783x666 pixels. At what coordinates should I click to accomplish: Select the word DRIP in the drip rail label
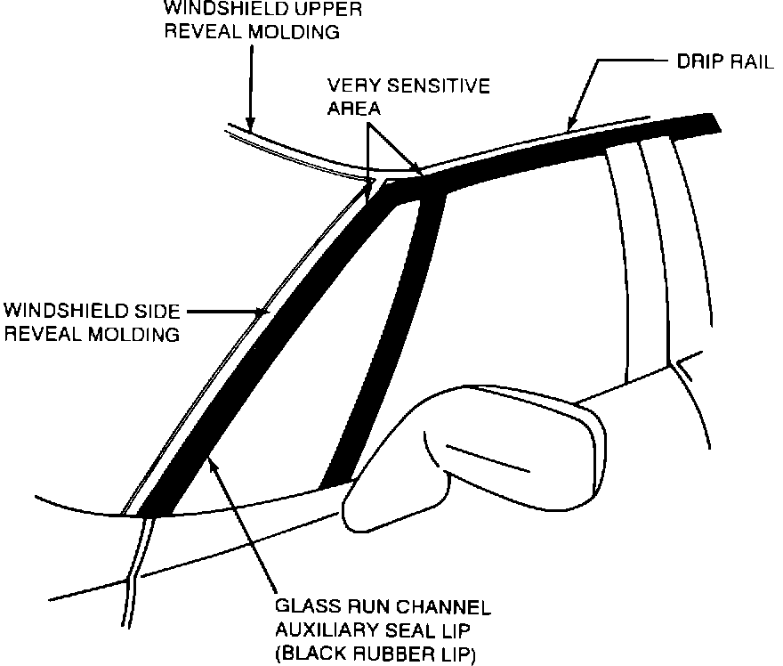tap(688, 64)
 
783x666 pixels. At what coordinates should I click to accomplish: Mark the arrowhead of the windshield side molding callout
tap(262, 313)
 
